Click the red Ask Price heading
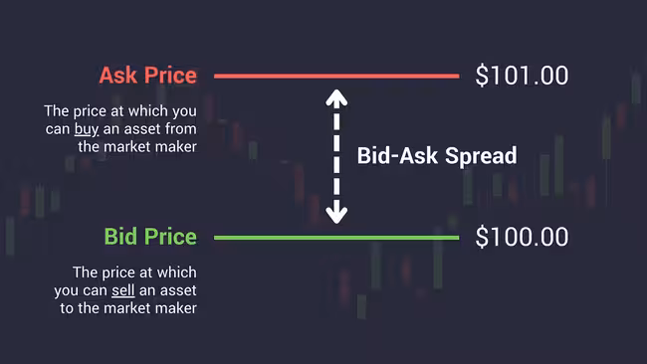click(147, 76)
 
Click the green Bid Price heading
click(150, 237)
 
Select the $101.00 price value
click(522, 76)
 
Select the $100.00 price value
click(522, 237)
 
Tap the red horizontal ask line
click(336, 76)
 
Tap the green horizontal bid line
click(336, 238)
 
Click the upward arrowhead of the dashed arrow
click(337, 96)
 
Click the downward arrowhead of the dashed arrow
click(337, 215)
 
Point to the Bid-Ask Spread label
click(437, 156)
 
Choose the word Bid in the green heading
click(119, 237)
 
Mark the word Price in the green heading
click(168, 237)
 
